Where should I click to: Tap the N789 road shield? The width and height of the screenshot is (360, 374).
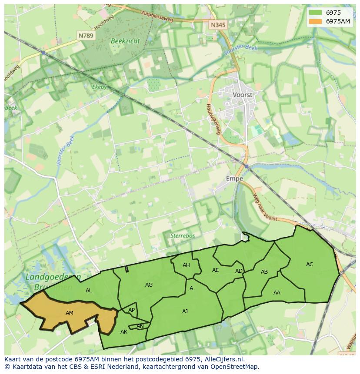86,36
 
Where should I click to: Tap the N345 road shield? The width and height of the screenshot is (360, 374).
218,25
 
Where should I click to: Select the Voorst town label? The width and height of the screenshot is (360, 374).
243,94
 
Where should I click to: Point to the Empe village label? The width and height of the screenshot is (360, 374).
234,179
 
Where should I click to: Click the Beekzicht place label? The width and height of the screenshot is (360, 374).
125,40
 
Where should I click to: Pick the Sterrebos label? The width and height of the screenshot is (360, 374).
182,235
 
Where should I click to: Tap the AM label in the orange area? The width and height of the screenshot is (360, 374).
70,313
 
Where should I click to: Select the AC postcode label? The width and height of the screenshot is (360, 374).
310,264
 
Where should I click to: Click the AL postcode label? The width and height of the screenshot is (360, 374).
89,291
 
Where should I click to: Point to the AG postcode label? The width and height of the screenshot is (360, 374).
149,285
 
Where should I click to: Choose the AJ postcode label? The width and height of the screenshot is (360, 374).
185,311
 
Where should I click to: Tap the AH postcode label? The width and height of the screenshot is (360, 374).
186,265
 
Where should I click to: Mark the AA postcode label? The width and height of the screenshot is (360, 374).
277,293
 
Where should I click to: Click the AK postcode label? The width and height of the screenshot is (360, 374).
124,332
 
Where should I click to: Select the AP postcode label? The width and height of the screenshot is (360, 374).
131,310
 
